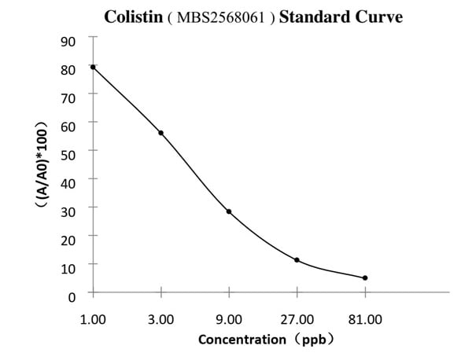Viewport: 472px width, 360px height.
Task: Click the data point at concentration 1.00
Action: click(93, 67)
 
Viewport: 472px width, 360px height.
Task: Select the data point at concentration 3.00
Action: click(161, 133)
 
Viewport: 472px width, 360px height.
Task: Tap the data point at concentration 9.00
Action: click(229, 211)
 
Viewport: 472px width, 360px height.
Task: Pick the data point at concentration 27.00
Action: click(297, 260)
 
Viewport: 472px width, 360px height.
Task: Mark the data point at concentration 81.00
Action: click(365, 277)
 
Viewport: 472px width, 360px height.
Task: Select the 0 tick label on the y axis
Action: click(72, 296)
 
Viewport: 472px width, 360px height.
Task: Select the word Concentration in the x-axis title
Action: click(242, 340)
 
